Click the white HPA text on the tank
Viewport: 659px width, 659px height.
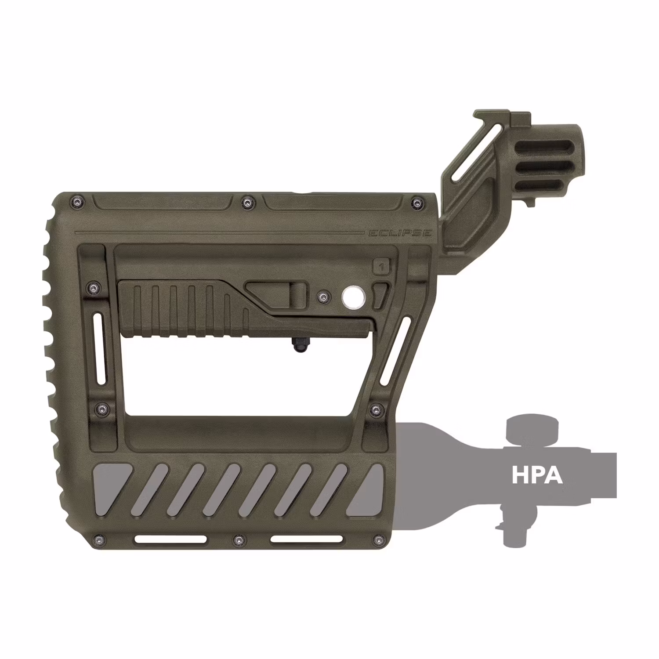tap(537, 475)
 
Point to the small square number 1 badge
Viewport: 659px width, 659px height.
tap(381, 267)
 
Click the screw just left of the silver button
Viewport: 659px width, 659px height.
tap(324, 297)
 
